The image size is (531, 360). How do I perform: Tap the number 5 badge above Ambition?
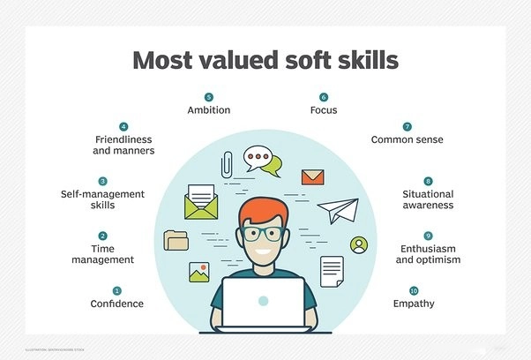point(209,96)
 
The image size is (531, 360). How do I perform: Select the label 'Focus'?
point(324,110)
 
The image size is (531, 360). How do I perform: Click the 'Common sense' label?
point(407,139)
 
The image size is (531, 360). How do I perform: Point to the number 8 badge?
point(429,180)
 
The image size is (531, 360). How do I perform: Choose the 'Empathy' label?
point(413,304)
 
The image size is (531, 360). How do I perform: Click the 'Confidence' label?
point(116,304)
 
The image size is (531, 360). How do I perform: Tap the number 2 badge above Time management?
point(103,236)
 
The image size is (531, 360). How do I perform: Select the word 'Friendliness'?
point(123,139)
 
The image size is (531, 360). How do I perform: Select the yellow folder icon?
point(176,239)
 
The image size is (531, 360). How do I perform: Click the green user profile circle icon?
point(358,244)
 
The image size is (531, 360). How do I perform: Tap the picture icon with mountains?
point(198,273)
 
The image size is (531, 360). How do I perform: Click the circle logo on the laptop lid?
point(263,301)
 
